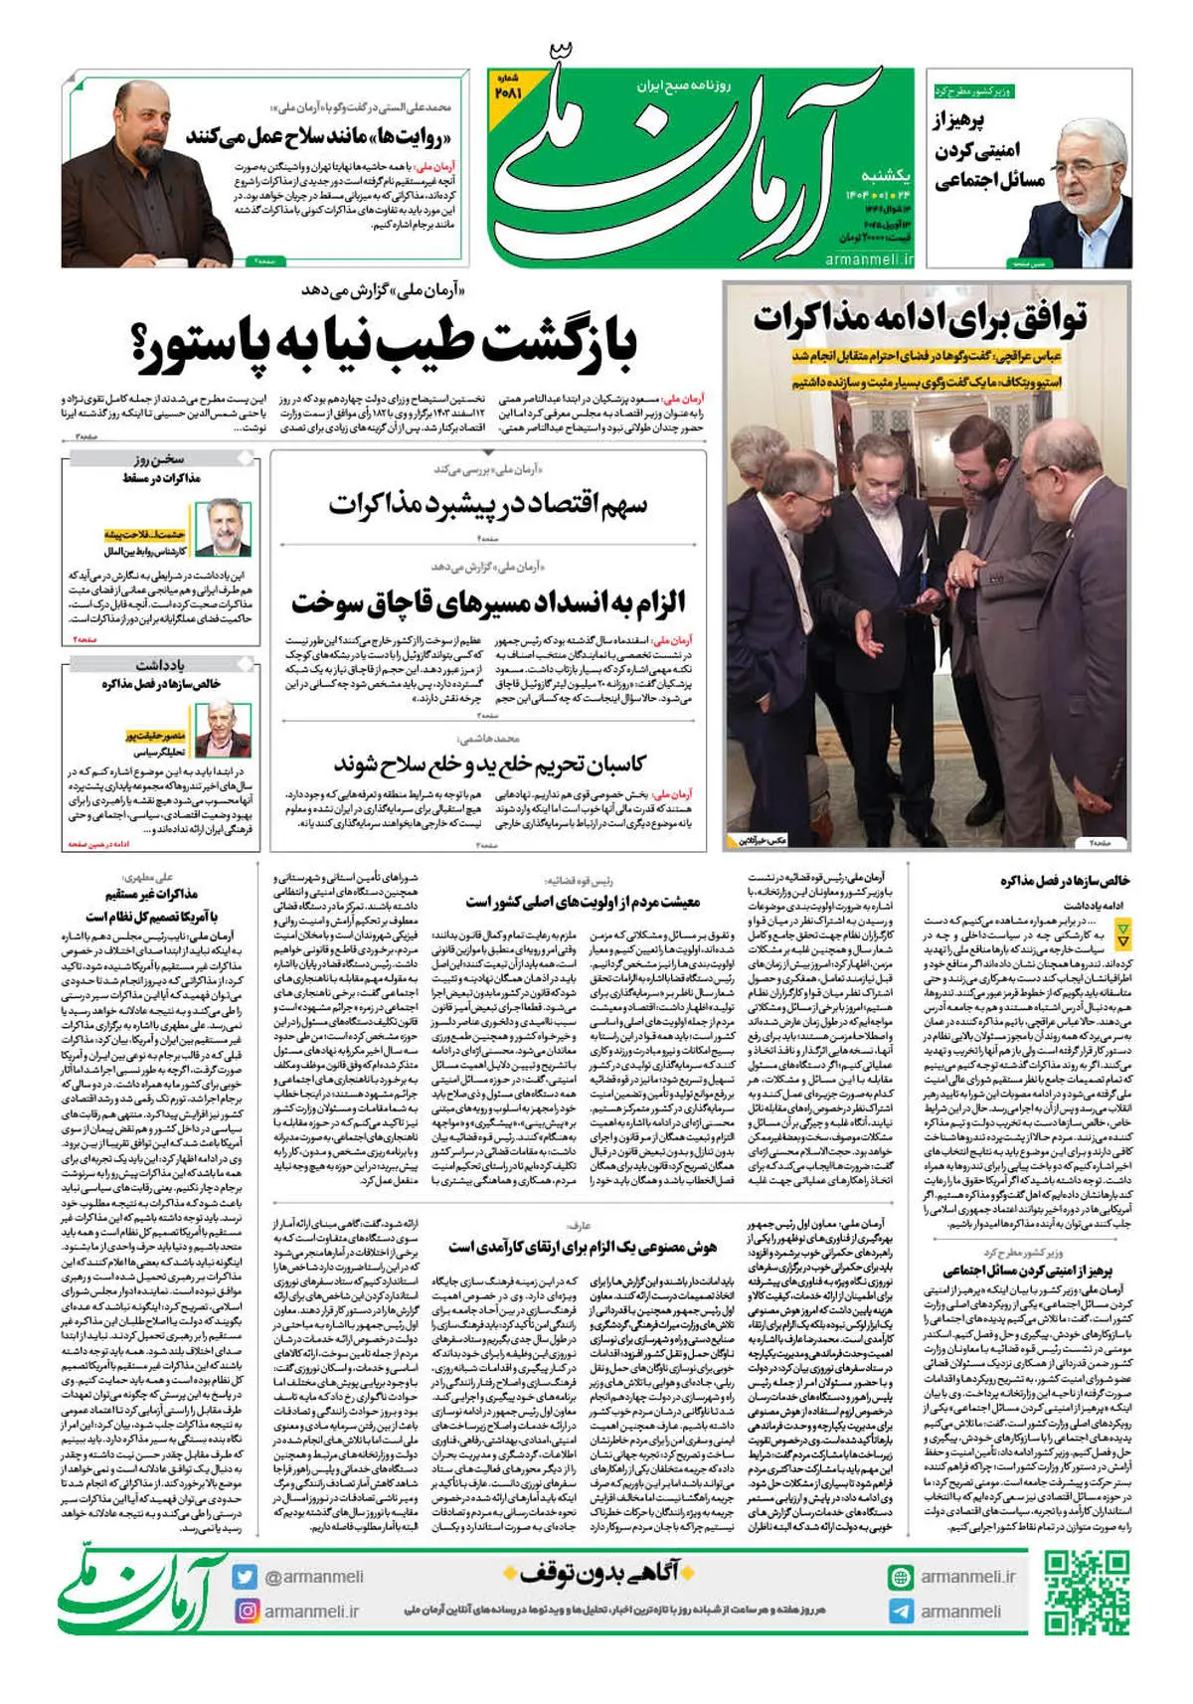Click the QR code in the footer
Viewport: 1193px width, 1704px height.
coord(1086,1593)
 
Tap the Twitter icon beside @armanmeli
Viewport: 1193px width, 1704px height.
coord(245,1577)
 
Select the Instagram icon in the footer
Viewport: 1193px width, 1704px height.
coord(245,1611)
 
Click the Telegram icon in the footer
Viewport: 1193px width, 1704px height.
coord(901,1612)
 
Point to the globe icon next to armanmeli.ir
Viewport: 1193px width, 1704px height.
coord(901,1577)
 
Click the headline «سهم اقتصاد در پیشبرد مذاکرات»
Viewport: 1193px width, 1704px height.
coord(488,505)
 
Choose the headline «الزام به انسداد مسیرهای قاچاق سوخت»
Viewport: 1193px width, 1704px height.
coord(488,601)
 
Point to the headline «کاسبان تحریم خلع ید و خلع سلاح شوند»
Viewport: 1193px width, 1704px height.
coord(489,765)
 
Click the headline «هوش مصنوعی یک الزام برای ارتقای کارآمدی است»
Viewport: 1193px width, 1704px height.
coord(582,1247)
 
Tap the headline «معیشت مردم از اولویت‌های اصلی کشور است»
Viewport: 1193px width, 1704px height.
coord(583,902)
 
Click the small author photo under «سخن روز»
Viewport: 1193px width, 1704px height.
coord(223,527)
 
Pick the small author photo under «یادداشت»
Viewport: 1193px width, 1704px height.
coord(223,729)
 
